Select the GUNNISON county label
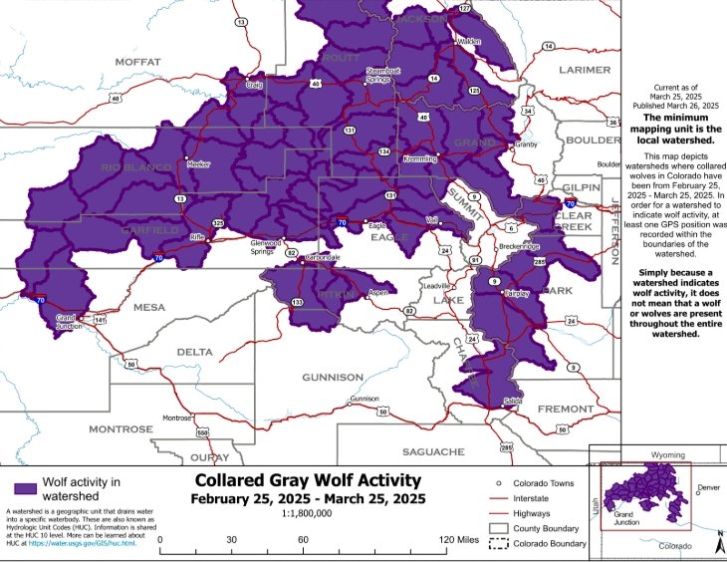[x=332, y=378]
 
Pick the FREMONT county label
[x=565, y=410]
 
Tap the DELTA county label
[x=194, y=352]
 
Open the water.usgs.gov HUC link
[x=97, y=544]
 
